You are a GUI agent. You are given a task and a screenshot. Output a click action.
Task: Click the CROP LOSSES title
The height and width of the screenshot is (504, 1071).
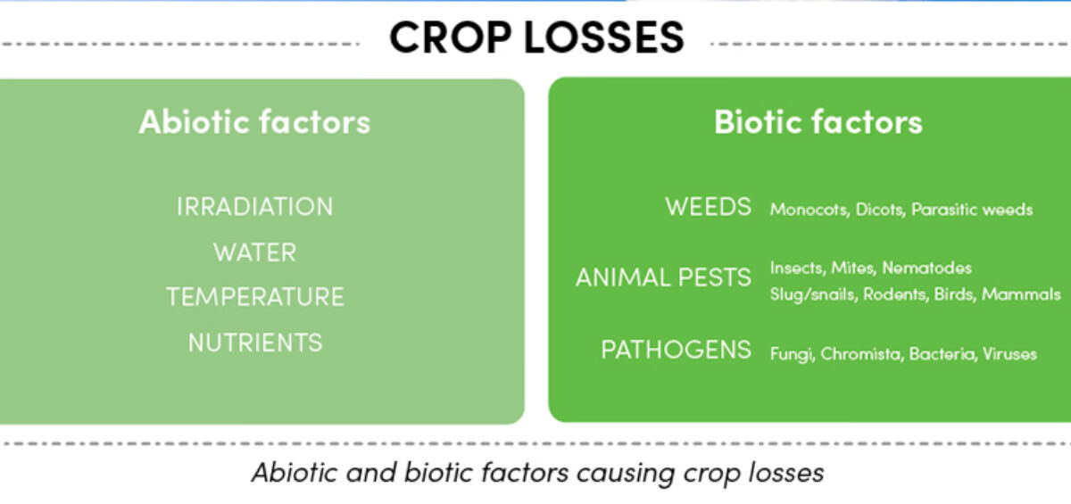click(536, 37)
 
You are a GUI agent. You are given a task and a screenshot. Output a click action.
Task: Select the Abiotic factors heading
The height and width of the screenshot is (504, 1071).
click(255, 122)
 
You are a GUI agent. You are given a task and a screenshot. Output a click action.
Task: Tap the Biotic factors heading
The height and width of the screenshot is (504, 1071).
click(818, 122)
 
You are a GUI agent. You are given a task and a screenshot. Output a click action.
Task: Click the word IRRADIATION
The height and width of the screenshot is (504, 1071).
click(255, 207)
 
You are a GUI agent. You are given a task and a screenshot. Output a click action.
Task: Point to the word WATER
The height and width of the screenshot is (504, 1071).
click(255, 252)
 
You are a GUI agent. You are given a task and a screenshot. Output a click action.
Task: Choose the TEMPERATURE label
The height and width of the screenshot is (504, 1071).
click(255, 297)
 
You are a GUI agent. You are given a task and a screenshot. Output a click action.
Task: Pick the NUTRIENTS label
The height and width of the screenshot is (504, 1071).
click(255, 343)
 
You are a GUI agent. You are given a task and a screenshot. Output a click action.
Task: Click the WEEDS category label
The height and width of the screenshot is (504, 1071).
click(708, 207)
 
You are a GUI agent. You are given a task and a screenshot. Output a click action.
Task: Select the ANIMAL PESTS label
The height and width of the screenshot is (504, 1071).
click(663, 277)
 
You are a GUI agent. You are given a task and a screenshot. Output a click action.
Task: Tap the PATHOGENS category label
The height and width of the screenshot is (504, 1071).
click(677, 349)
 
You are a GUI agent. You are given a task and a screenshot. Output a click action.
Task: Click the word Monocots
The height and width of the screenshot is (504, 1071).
click(809, 210)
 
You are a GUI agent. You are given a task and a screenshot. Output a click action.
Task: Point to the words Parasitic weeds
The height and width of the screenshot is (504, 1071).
click(972, 210)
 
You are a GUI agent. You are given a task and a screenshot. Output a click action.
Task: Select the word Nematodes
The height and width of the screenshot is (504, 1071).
click(926, 268)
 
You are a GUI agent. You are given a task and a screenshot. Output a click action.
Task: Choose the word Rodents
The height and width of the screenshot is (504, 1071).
click(895, 294)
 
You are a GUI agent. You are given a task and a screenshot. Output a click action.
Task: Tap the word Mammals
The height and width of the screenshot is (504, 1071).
click(1021, 294)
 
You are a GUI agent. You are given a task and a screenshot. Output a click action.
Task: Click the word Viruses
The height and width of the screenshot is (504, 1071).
click(1009, 354)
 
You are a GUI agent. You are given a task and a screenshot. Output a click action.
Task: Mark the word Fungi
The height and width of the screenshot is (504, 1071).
click(792, 354)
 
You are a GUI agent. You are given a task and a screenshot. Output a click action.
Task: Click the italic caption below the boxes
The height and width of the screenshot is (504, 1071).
click(538, 473)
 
